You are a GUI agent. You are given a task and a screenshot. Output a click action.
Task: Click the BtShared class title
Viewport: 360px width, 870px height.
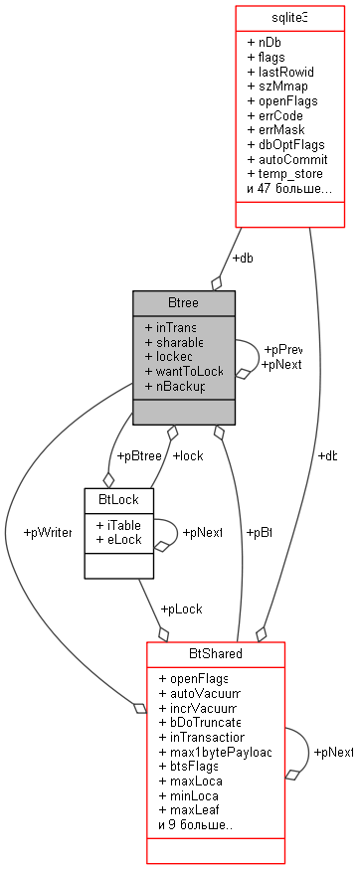(x=216, y=654)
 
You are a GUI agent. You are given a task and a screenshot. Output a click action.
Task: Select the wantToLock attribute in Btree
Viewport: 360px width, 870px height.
(x=184, y=370)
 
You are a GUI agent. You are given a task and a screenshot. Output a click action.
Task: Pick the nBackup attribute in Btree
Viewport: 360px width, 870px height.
(x=174, y=385)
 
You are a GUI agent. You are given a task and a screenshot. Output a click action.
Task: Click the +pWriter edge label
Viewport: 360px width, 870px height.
(x=47, y=533)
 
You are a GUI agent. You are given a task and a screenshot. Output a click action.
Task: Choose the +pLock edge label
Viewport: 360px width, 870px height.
(x=181, y=607)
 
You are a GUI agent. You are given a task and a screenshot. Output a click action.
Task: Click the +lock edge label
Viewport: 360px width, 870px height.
(x=188, y=456)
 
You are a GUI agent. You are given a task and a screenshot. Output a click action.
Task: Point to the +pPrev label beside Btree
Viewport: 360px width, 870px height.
(x=282, y=350)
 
